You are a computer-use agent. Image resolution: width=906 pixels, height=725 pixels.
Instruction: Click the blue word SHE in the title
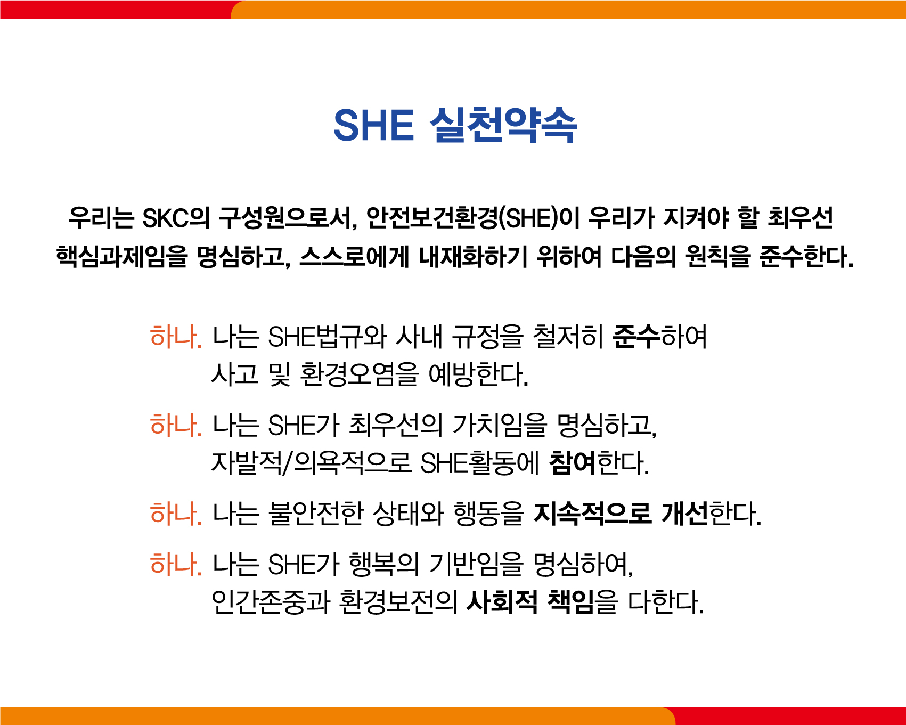click(x=373, y=126)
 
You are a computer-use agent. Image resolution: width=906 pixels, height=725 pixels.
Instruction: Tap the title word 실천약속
click(x=503, y=126)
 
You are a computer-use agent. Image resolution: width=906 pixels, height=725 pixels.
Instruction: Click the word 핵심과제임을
click(x=122, y=257)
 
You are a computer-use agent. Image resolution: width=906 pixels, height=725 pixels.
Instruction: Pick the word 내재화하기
click(x=472, y=257)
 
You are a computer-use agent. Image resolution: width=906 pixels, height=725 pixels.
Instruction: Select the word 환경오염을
click(x=359, y=374)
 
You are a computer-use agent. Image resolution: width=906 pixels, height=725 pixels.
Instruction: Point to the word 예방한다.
click(x=478, y=374)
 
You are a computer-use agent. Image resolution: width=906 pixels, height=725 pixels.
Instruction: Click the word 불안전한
click(x=316, y=514)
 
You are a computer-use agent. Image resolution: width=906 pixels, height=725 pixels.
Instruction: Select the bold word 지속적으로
click(x=592, y=514)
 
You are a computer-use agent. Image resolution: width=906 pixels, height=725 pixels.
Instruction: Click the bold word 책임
click(x=571, y=602)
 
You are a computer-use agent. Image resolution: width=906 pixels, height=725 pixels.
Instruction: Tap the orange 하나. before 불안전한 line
click(x=176, y=514)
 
